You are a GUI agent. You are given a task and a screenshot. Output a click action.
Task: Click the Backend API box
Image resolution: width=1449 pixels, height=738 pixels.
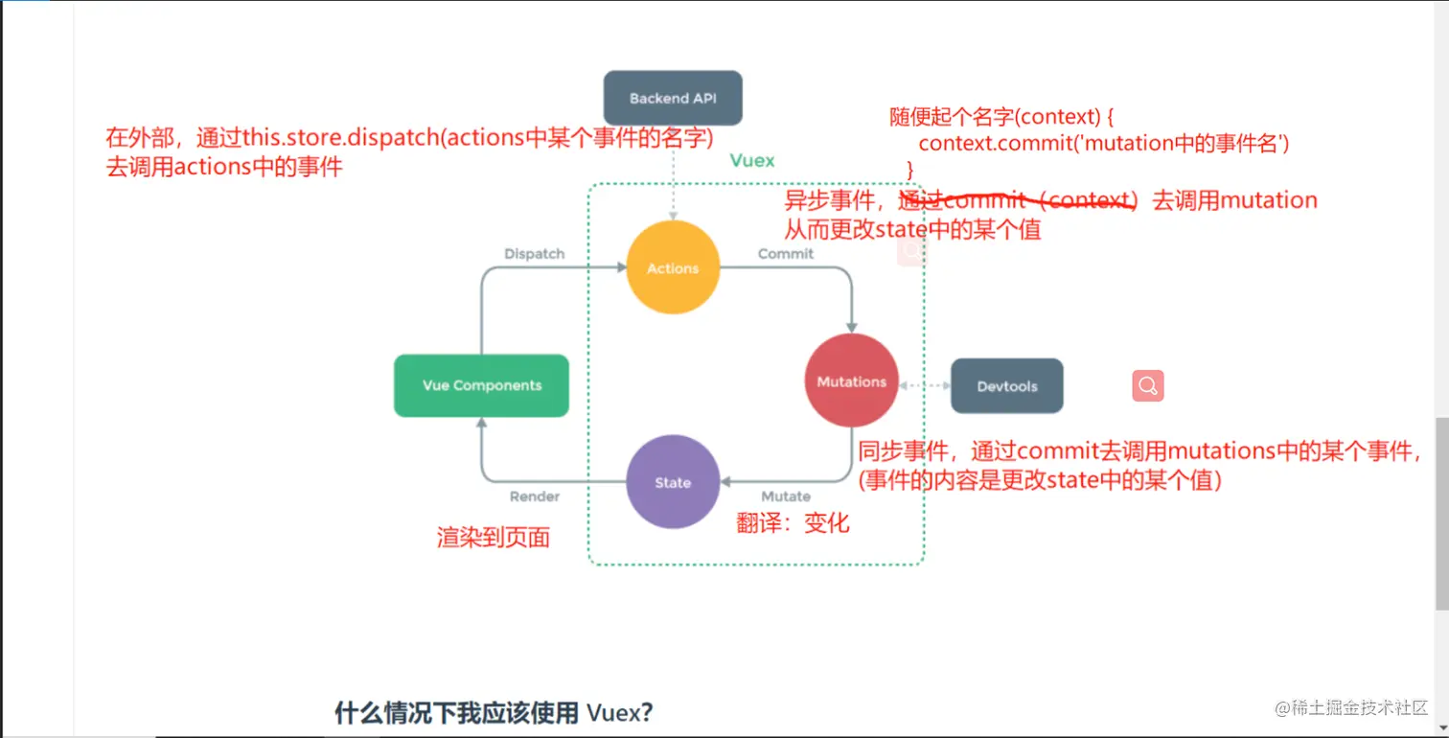click(672, 98)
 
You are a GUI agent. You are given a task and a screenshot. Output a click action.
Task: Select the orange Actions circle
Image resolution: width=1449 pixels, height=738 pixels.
click(673, 268)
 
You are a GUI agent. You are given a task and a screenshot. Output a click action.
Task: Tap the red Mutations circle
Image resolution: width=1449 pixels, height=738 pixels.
click(851, 381)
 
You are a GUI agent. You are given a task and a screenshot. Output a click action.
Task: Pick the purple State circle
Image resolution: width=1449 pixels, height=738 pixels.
click(673, 482)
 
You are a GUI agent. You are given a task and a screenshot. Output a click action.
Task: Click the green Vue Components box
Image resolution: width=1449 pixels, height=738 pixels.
click(481, 385)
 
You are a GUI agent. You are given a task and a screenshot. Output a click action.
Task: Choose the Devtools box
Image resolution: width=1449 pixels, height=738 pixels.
click(1006, 386)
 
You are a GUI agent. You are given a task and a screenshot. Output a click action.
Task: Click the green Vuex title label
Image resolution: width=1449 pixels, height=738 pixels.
click(752, 160)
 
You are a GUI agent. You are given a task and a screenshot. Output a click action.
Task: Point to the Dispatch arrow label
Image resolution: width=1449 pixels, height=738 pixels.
click(534, 254)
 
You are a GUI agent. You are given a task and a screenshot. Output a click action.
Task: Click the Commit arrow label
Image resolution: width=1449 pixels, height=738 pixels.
click(785, 254)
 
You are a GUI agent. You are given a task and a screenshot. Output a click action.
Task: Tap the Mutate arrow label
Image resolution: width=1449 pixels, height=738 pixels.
click(785, 496)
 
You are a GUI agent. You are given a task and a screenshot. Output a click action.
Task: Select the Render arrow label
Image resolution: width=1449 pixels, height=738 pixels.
click(534, 496)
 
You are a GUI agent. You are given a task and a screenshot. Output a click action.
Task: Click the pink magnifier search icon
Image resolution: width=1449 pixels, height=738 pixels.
click(1148, 385)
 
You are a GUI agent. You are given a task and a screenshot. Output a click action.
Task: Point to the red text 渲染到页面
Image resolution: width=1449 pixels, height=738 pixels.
click(494, 538)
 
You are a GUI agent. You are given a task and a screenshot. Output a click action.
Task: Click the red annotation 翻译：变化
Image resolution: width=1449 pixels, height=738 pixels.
click(793, 523)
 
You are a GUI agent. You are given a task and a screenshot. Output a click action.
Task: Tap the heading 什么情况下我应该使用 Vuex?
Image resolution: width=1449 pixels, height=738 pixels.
click(494, 713)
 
